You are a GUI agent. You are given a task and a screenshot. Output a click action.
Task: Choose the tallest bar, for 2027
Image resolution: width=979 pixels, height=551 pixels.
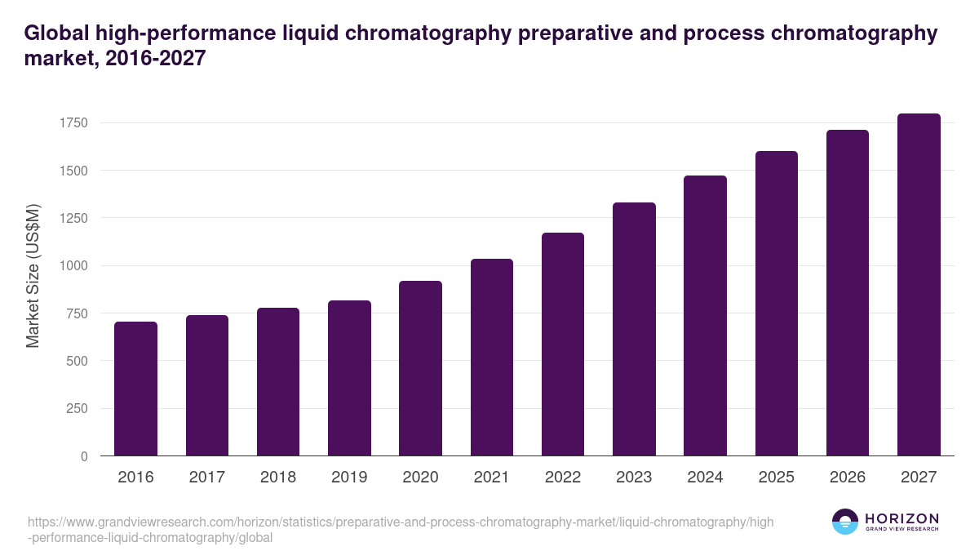(919, 285)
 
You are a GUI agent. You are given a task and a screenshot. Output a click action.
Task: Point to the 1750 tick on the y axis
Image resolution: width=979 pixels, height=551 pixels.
(73, 123)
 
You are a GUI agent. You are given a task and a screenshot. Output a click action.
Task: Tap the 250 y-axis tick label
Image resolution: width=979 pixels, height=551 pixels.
(77, 409)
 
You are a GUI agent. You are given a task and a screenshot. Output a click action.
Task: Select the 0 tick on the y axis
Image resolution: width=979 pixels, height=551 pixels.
(84, 456)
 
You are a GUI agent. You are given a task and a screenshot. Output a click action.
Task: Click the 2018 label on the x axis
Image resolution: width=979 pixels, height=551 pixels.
(278, 478)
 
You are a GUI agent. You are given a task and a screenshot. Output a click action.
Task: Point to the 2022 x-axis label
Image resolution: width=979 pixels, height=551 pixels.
(563, 478)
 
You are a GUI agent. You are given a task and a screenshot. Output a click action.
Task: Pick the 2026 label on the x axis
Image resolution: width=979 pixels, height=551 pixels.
(848, 478)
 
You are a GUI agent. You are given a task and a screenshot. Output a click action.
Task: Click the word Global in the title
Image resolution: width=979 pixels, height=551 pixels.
(56, 33)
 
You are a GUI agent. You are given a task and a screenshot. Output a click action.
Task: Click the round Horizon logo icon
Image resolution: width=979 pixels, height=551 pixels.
(845, 522)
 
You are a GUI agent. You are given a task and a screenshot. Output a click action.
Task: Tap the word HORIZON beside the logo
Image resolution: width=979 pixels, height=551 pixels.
(902, 518)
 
